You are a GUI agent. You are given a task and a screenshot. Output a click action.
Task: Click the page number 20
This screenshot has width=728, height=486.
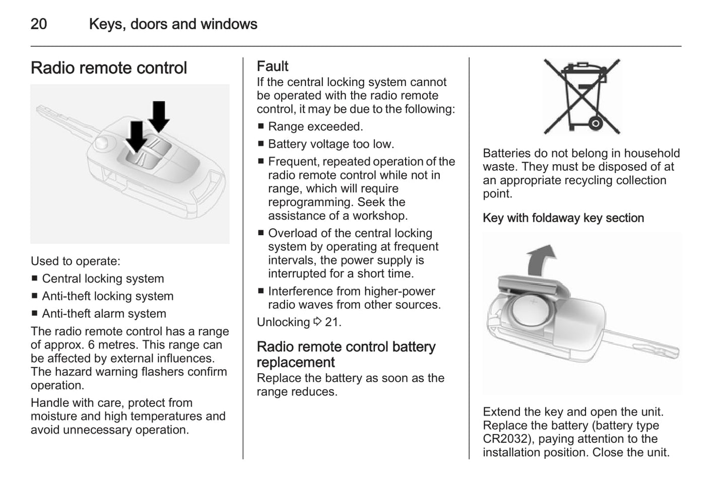[39, 24]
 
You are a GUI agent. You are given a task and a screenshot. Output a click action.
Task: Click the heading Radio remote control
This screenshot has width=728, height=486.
[108, 68]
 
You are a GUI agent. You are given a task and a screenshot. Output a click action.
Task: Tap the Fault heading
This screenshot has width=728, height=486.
[273, 66]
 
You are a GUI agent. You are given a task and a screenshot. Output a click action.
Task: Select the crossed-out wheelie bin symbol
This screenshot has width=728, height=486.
[582, 96]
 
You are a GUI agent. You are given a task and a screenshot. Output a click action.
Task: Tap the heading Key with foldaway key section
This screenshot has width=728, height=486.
[563, 218]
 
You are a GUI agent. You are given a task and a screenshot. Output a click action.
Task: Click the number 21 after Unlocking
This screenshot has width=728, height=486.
[332, 322]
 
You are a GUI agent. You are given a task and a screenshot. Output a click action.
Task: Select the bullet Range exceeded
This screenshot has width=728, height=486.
[315, 126]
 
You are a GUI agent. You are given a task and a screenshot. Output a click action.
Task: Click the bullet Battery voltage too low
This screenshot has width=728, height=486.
[331, 144]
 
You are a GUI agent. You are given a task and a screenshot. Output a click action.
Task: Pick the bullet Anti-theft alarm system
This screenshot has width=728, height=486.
[104, 314]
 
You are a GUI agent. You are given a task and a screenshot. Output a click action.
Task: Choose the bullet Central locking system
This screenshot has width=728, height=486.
[103, 279]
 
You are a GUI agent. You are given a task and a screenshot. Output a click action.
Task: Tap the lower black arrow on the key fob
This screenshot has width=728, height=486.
[136, 136]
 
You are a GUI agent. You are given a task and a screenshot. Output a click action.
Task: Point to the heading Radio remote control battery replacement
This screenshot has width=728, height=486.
[346, 355]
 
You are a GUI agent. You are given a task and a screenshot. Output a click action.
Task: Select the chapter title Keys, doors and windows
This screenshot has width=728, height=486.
[173, 24]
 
